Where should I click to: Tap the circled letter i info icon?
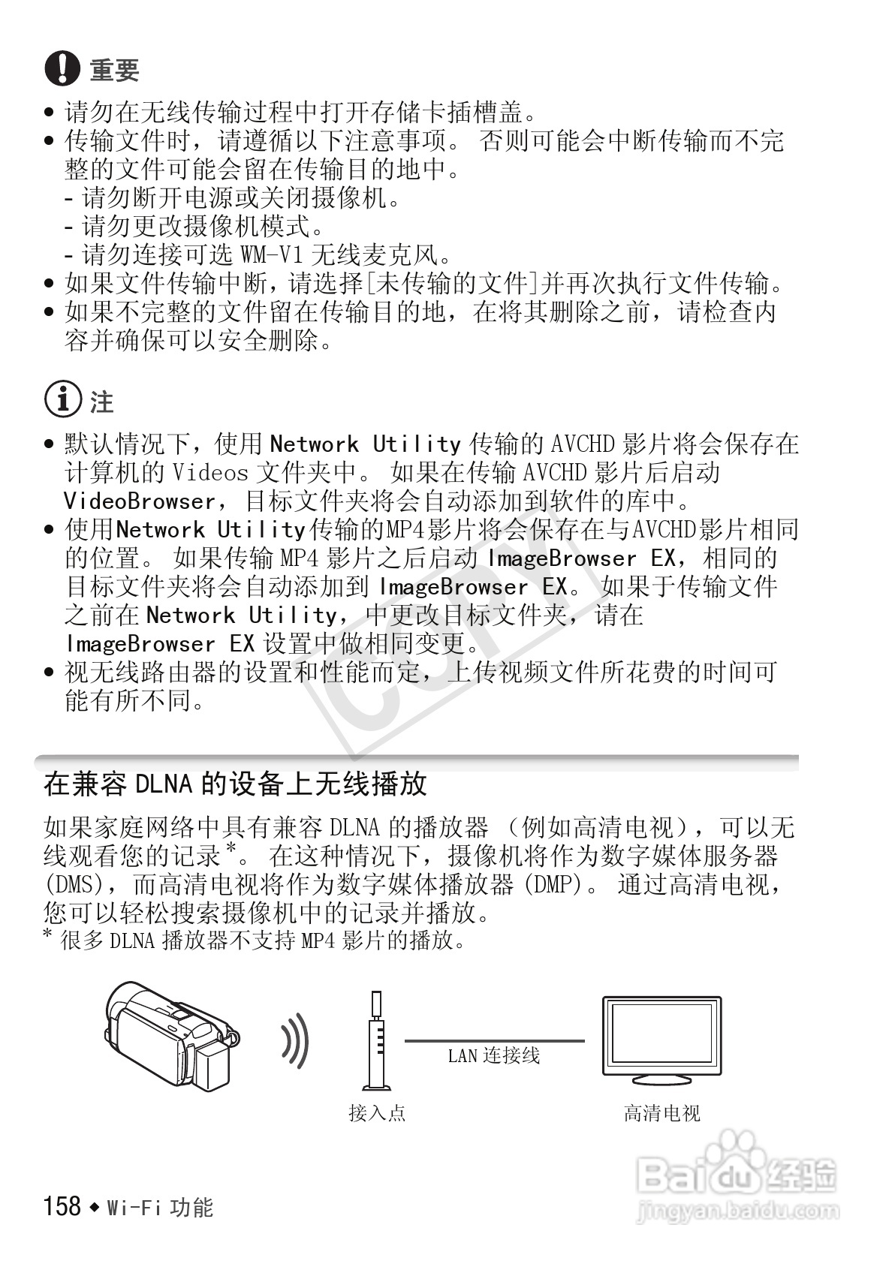62,400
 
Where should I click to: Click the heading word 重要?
114,71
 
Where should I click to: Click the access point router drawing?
376,1040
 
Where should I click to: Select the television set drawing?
661,1040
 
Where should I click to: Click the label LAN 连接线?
493,1056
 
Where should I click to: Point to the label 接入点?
377,1112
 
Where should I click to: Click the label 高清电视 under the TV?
661,1112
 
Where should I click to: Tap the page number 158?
62,1205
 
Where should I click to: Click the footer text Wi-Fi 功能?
160,1207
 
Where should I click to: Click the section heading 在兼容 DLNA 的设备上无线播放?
235,784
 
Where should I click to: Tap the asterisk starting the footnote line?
49,934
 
